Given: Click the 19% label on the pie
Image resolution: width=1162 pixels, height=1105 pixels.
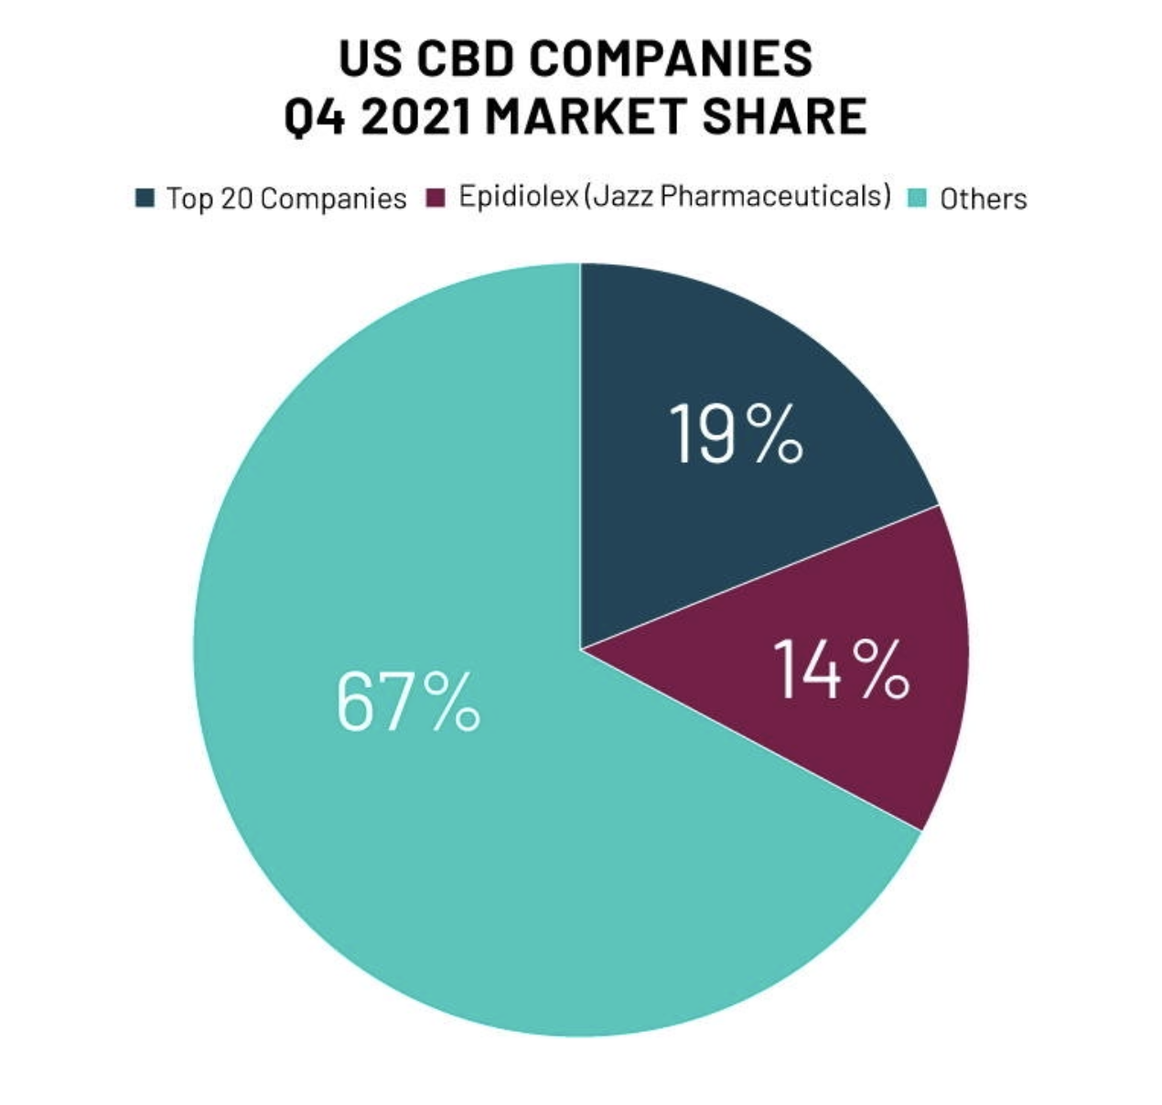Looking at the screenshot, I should (736, 433).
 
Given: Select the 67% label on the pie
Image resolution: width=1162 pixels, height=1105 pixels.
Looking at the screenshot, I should (407, 702).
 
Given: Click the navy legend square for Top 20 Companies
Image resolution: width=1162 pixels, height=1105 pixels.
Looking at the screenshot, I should (145, 198).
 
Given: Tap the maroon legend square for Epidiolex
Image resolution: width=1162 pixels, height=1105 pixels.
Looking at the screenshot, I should (437, 198).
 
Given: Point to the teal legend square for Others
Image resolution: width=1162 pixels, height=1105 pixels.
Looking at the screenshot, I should (917, 198).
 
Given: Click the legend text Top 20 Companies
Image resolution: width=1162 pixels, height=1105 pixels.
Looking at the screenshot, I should (285, 198).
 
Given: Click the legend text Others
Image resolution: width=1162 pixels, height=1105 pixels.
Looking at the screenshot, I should (984, 198).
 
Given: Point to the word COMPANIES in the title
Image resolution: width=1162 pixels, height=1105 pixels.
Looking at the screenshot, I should (672, 59).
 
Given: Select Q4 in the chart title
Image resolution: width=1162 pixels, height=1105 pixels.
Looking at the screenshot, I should (317, 116).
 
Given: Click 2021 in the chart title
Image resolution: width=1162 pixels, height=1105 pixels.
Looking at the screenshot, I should (417, 116).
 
